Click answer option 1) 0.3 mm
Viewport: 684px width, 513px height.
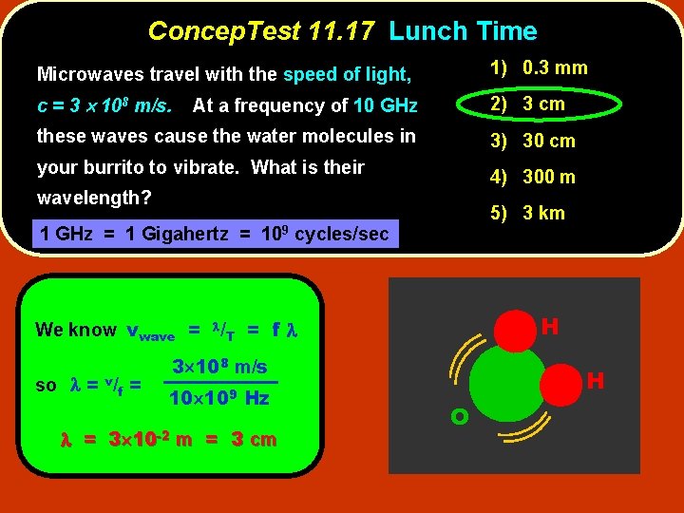pos(539,67)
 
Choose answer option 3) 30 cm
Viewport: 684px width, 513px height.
pos(533,141)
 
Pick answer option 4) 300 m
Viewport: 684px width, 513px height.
pos(533,177)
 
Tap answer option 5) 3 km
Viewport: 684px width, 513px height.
pos(527,213)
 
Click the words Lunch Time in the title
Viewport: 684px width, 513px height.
pos(463,31)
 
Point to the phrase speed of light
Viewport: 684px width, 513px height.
pos(347,74)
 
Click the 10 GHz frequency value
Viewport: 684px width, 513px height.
pos(385,105)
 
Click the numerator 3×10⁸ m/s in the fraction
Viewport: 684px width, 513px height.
pos(219,367)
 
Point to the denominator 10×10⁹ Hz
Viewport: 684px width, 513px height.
pos(219,398)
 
